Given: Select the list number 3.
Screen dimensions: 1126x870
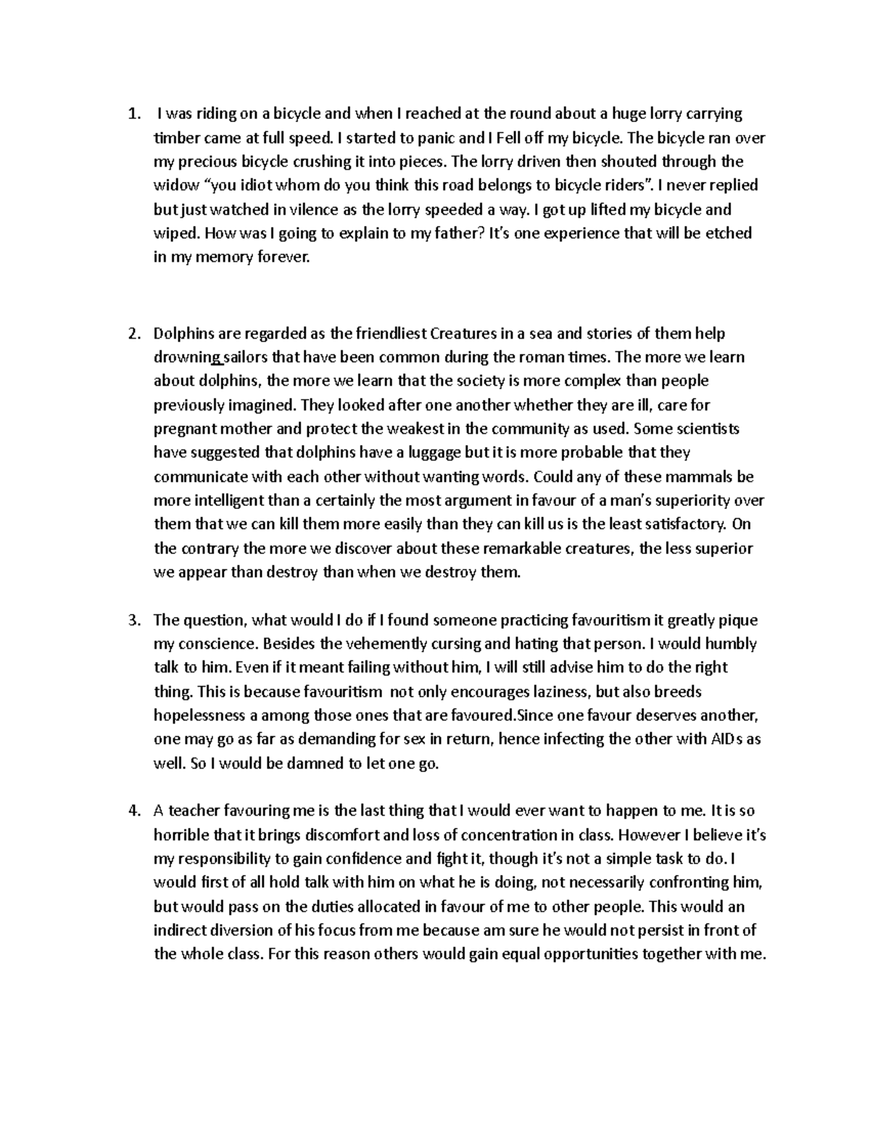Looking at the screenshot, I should pos(132,620).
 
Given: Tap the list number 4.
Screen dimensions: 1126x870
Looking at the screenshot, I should pos(132,811).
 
